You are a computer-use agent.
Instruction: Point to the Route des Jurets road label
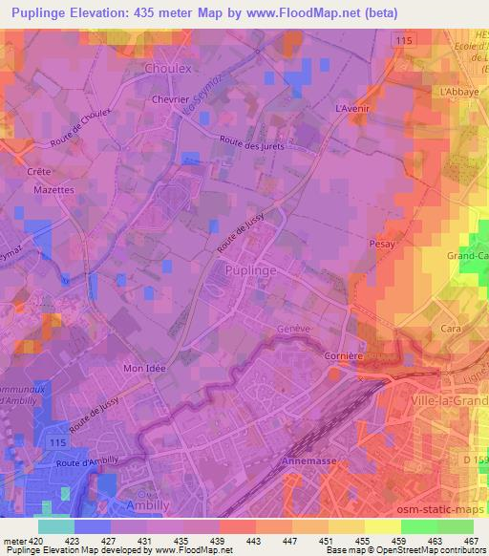click(251, 144)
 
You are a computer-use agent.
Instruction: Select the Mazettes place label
click(53, 190)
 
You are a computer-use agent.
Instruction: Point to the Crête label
click(39, 171)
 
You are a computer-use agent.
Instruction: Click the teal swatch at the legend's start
click(55, 526)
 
